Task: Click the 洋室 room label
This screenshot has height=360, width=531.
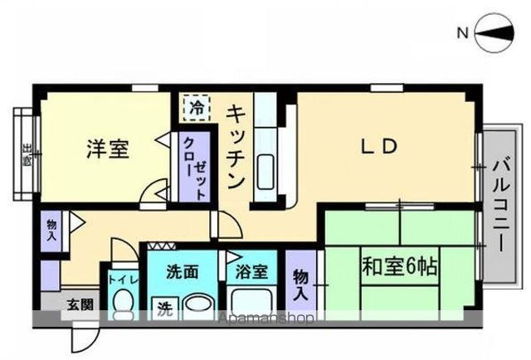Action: pos(108,150)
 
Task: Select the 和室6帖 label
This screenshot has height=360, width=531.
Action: pos(400,267)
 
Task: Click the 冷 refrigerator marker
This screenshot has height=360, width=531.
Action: pos(196,107)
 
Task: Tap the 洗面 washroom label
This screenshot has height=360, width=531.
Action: pos(182,271)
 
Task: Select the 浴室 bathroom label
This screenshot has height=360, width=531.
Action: pos(250,271)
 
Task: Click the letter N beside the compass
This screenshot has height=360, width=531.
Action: pos(462,33)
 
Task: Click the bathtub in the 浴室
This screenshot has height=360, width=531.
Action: pos(252,302)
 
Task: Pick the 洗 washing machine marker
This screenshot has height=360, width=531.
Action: pos(165,309)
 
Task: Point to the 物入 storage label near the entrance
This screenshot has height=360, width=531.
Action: pos(51,230)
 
